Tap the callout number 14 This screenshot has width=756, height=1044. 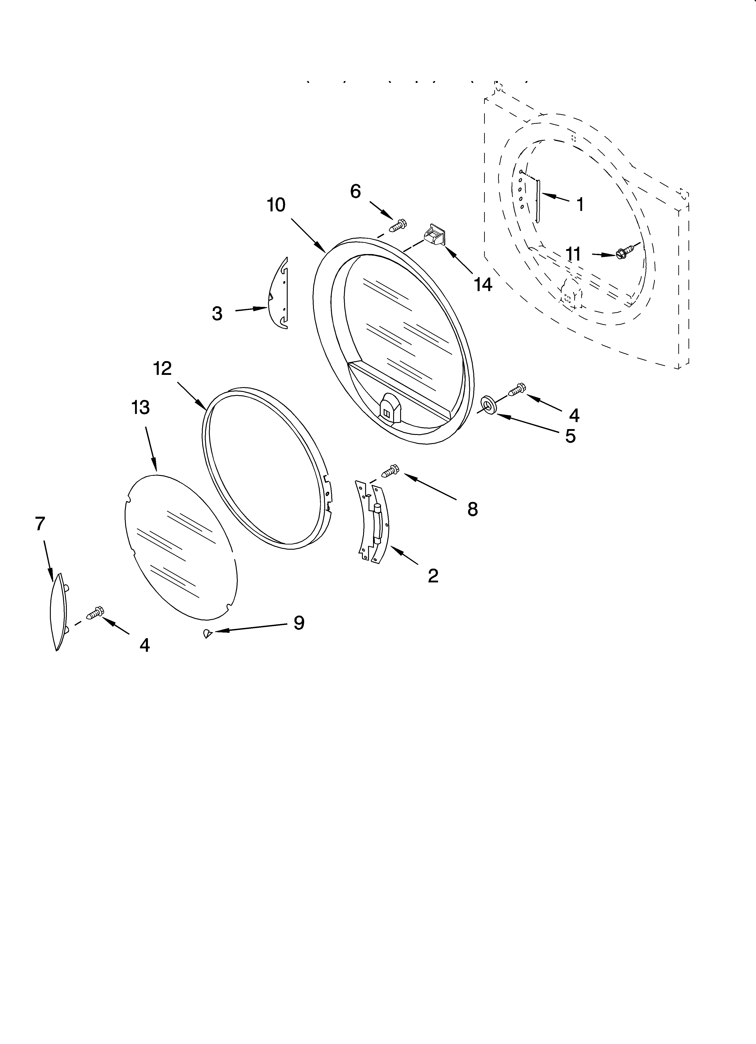(483, 285)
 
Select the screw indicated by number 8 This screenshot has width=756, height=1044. (390, 470)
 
